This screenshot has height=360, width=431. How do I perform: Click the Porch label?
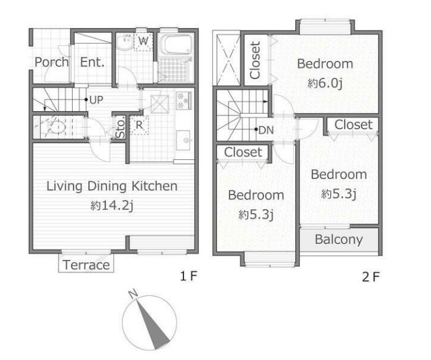point(52,62)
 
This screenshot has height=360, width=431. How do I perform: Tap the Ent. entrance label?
point(92,62)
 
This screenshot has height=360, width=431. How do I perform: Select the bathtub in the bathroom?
point(177,45)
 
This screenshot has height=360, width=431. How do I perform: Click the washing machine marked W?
point(143,41)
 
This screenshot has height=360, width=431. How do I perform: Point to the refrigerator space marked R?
point(139,126)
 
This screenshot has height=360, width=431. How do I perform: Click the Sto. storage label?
point(121,127)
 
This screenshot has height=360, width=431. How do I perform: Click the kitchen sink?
point(183,140)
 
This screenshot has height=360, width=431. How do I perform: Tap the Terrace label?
point(86,265)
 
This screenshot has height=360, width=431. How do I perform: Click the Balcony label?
point(338,239)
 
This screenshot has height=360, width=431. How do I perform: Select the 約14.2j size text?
point(112,205)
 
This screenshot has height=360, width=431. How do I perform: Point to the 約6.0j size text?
point(325,83)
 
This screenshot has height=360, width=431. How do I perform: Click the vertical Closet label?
point(255,60)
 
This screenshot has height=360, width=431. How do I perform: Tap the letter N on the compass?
point(133,293)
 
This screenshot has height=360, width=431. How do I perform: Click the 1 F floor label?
point(188,276)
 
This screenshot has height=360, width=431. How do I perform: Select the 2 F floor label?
point(371,277)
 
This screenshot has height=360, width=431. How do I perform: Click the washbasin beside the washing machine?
point(124,42)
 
